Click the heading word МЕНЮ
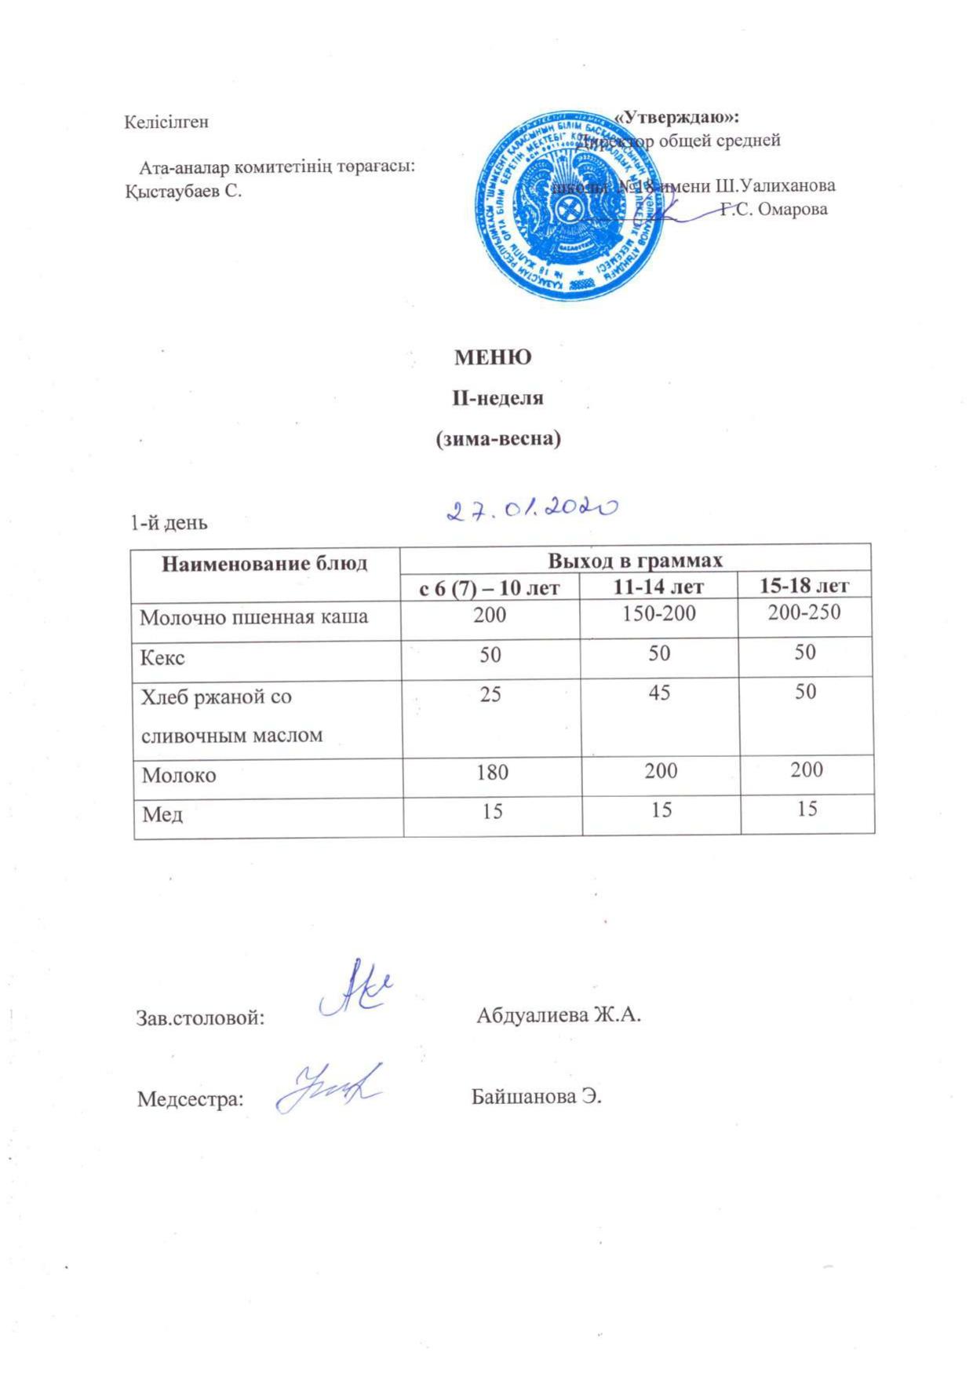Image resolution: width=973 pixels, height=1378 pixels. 493,357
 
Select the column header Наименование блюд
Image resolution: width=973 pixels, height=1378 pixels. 264,564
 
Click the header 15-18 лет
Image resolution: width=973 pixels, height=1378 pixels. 805,585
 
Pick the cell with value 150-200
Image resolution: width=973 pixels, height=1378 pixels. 658,614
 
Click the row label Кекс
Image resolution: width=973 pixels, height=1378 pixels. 162,658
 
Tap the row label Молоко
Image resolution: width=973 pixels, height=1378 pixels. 179,776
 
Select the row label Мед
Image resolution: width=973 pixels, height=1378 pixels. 162,815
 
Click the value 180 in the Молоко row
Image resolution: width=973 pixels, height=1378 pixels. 492,772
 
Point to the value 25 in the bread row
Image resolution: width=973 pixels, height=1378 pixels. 490,693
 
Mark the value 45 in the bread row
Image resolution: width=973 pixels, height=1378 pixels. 659,693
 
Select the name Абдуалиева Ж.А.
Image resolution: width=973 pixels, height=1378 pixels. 559,1015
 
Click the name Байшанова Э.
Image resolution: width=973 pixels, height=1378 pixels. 536,1097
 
